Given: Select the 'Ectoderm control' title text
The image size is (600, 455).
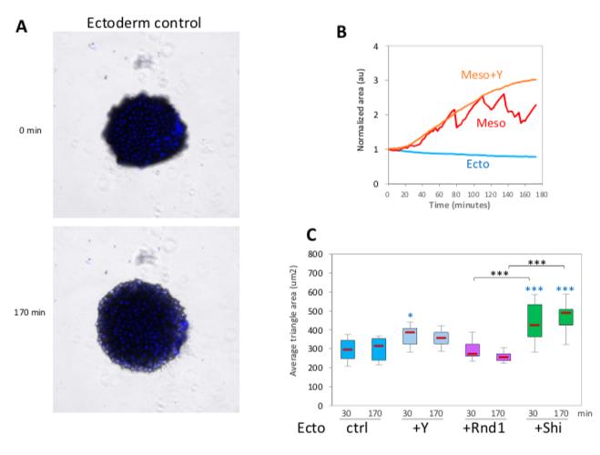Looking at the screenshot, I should click(x=139, y=23).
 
